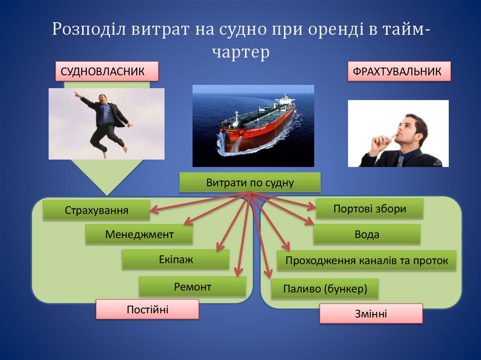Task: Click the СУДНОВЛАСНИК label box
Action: click(107, 71)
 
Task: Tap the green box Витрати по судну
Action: click(250, 183)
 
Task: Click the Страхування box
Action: click(96, 210)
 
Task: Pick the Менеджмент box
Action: click(139, 234)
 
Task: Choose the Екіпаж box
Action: click(176, 259)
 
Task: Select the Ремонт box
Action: click(193, 286)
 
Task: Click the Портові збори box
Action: click(369, 208)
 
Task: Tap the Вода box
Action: click(367, 234)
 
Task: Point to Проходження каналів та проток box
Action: click(366, 260)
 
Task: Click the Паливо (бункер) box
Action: click(325, 289)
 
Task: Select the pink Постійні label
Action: click(147, 309)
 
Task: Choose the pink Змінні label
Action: click(371, 314)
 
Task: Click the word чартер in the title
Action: click(240, 52)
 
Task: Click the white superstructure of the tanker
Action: click(285, 100)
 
